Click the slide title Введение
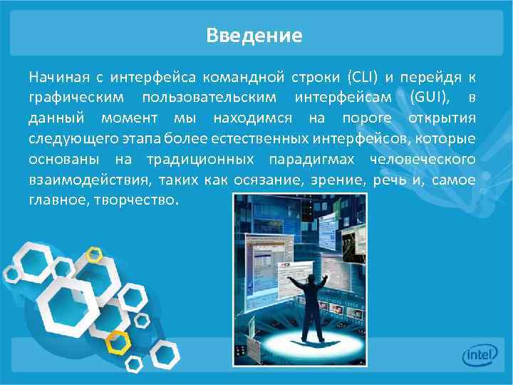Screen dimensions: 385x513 [254, 35]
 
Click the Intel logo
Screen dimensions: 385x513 [480, 356]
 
